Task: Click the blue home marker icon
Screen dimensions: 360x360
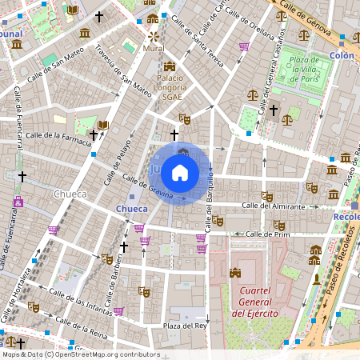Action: click(180, 172)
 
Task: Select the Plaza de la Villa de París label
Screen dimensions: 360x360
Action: click(304, 70)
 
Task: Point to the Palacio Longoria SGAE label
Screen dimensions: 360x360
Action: click(170, 86)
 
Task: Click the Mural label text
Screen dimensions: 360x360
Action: click(154, 48)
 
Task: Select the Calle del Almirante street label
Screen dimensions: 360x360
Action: click(276, 206)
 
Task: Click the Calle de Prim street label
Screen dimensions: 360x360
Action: click(267, 234)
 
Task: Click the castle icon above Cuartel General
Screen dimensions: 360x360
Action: click(234, 273)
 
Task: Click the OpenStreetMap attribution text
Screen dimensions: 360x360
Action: click(81, 354)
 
